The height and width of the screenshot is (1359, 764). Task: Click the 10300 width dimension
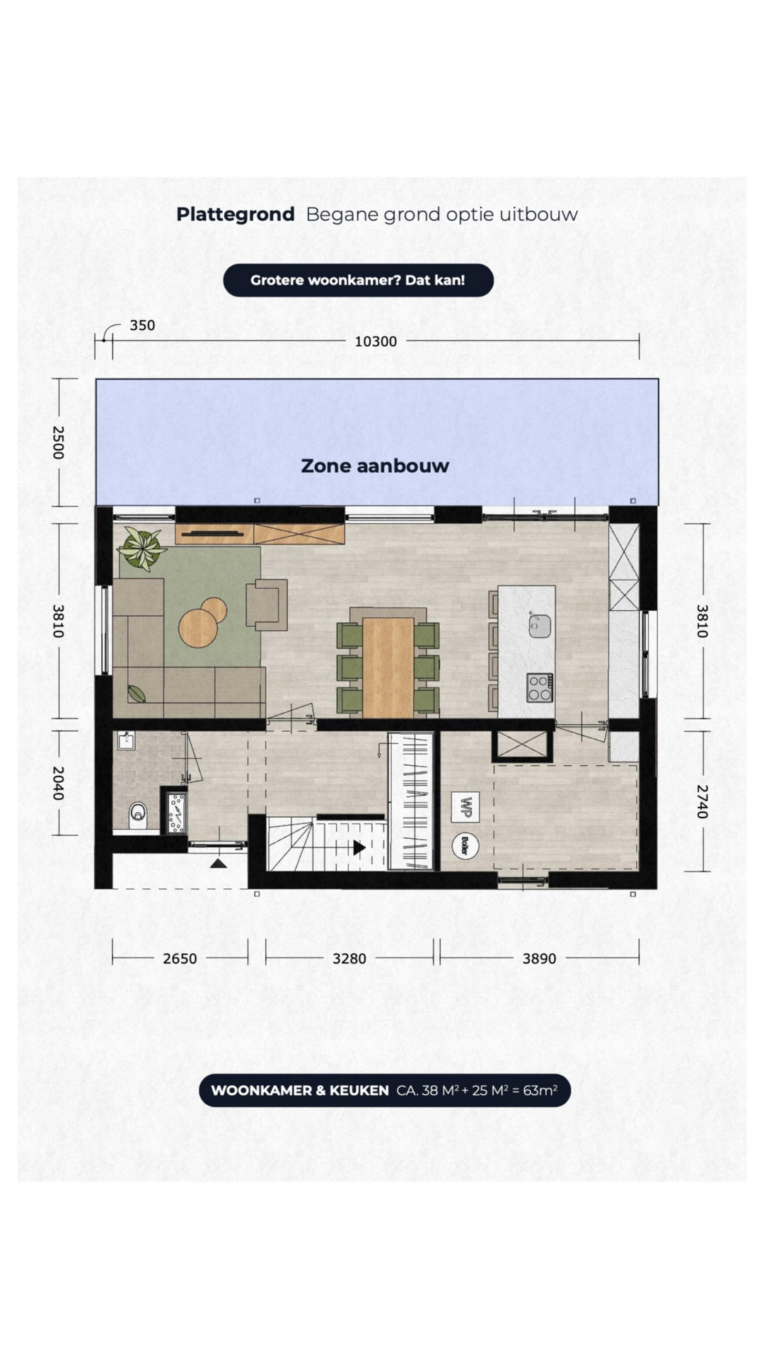376,341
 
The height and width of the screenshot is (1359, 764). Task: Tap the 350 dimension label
142,326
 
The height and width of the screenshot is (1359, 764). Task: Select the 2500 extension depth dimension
58,442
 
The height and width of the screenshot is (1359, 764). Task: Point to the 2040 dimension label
58,784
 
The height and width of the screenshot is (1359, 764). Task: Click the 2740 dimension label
702,801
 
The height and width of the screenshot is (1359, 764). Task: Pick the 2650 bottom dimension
180,958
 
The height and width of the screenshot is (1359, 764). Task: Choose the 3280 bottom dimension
349,958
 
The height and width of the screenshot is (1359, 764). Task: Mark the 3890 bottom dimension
539,958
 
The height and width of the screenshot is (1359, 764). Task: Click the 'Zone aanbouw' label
375,466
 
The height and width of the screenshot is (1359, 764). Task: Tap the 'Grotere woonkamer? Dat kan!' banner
358,280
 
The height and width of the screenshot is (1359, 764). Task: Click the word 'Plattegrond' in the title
236,214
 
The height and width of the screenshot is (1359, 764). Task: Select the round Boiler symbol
465,845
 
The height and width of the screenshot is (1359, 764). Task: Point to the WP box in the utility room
465,807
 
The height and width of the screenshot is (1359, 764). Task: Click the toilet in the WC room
138,815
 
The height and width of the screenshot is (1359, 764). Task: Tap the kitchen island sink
540,625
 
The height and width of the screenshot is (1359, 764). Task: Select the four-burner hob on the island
539,687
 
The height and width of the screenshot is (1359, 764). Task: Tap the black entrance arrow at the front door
219,863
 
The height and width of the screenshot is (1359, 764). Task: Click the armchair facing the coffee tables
267,604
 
